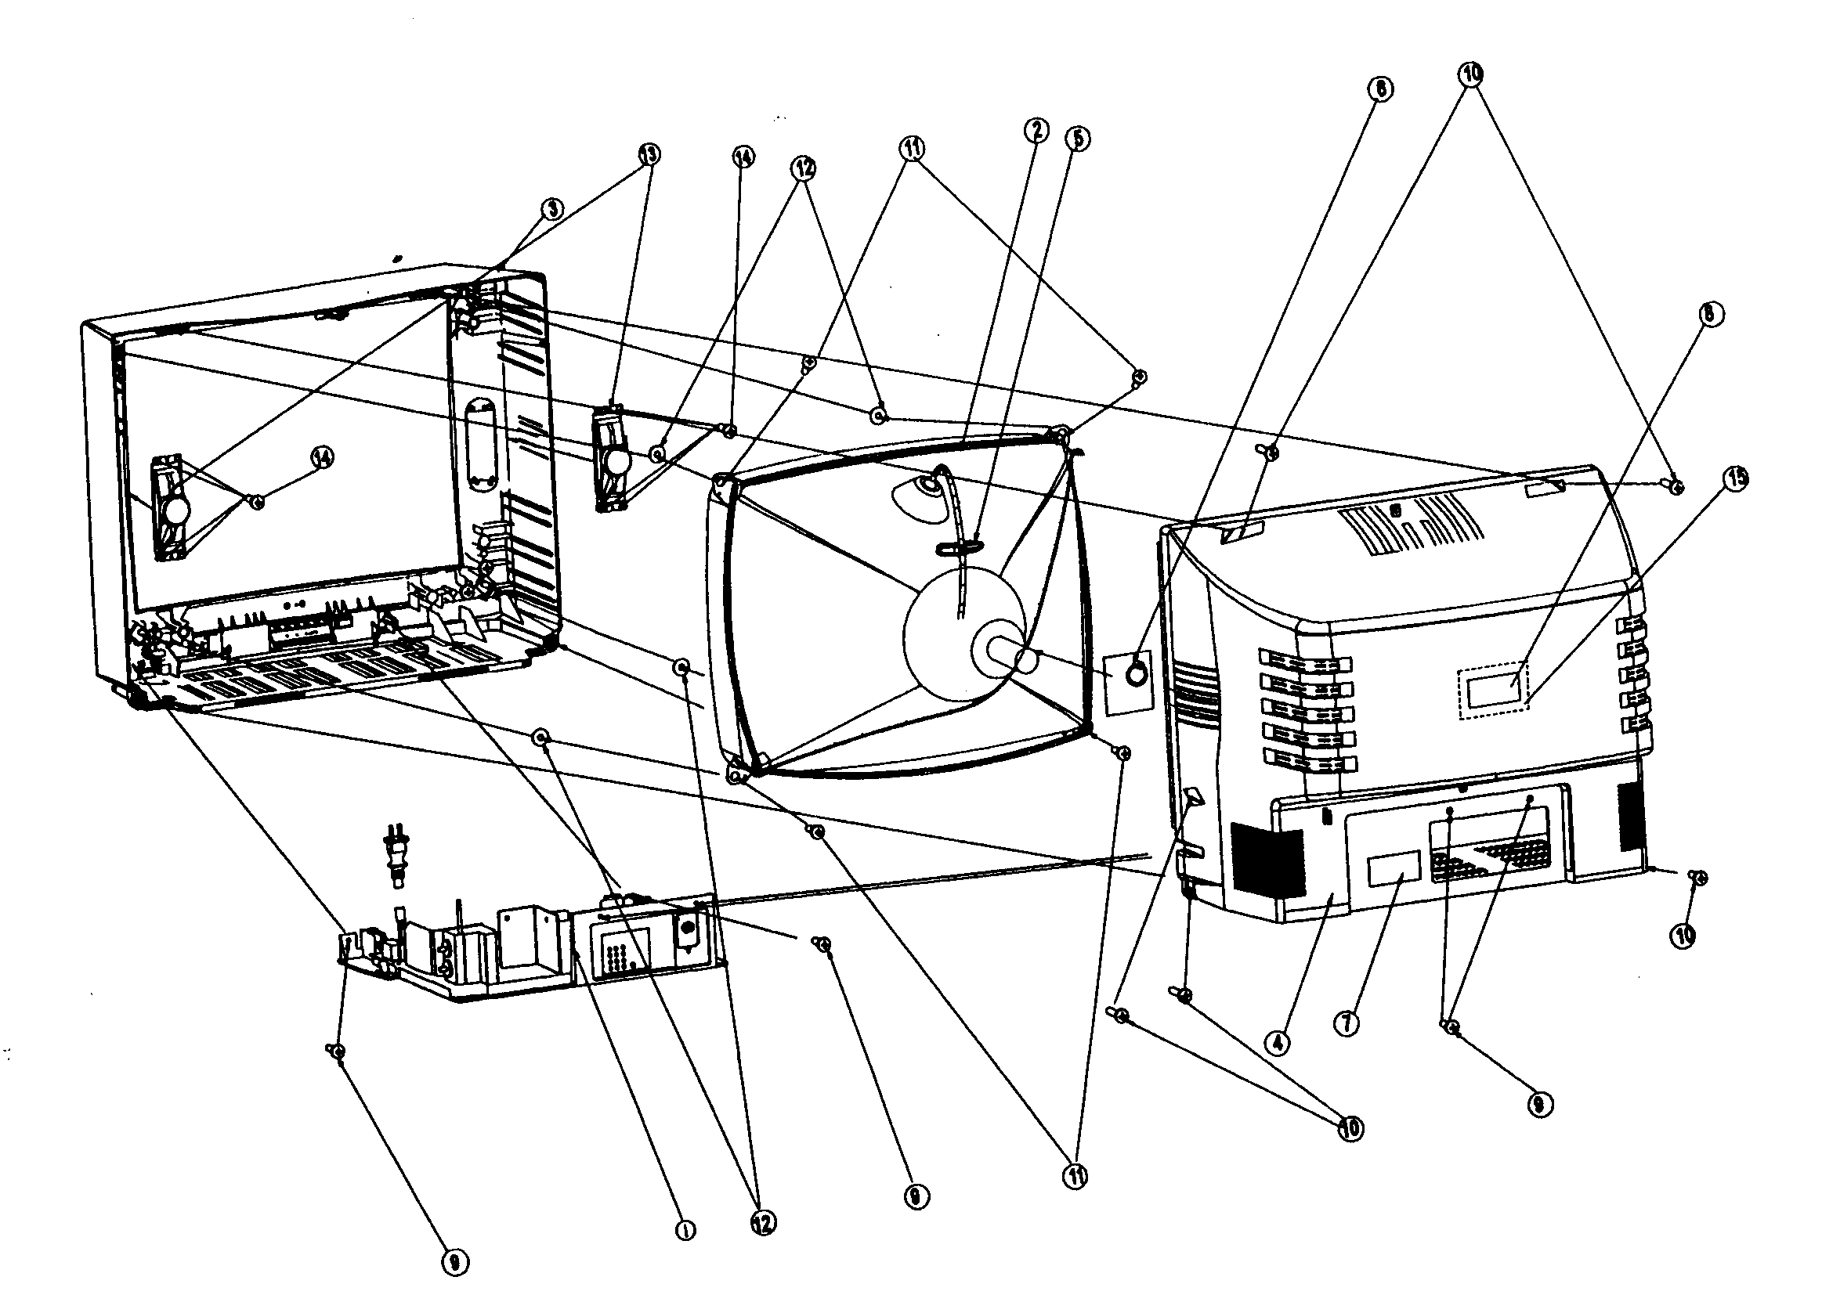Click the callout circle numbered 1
[x=685, y=1229]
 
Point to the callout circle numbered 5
[x=1077, y=138]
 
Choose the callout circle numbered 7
[x=1347, y=1023]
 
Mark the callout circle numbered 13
[x=649, y=154]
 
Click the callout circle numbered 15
[x=1736, y=478]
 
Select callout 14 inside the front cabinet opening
[x=322, y=458]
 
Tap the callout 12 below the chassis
[x=762, y=1222]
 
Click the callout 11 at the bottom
[x=1075, y=1177]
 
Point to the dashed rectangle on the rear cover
[x=1493, y=690]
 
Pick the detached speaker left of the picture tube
[x=613, y=460]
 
